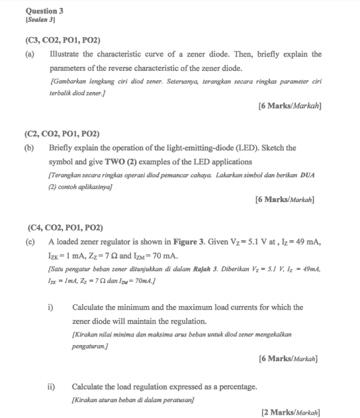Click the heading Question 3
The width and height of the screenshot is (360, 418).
(44, 11)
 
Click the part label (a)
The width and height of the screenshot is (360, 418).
(29, 54)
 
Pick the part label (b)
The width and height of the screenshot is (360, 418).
(29, 148)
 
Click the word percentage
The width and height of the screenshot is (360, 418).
(234, 386)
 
